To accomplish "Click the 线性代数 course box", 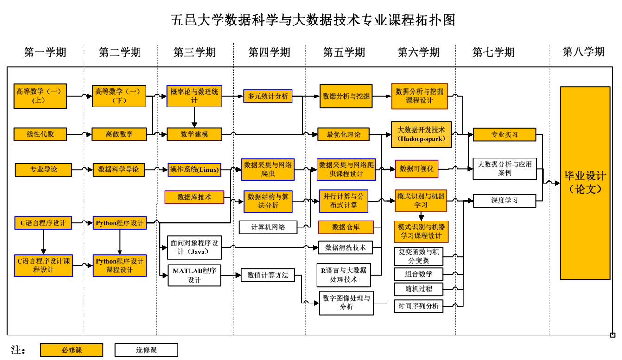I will pyautogui.click(x=40, y=134).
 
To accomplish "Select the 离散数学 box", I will pyautogui.click(x=119, y=134).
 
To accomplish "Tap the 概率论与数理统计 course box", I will pyautogui.click(x=194, y=96).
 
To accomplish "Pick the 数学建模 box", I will pyautogui.click(x=194, y=134).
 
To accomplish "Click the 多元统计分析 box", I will pyautogui.click(x=268, y=96).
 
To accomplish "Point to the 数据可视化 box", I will pyautogui.click(x=417, y=169).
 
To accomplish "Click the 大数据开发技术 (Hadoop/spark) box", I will pyautogui.click(x=421, y=134).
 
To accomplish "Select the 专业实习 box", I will pyautogui.click(x=504, y=135).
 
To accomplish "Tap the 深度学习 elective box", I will pyautogui.click(x=504, y=201).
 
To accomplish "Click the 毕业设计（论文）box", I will pyautogui.click(x=585, y=183).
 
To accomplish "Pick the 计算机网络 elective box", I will pyautogui.click(x=268, y=227).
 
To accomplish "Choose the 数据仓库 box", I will pyautogui.click(x=346, y=227).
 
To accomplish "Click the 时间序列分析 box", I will pyautogui.click(x=419, y=306).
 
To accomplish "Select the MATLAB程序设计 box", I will pyautogui.click(x=194, y=275).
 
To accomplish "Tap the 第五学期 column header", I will pyautogui.click(x=343, y=52).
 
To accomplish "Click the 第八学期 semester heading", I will pyautogui.click(x=584, y=51).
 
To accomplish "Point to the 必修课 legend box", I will pyautogui.click(x=72, y=350).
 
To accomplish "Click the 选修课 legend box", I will pyautogui.click(x=146, y=350).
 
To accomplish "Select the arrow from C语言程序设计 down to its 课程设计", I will pyautogui.click(x=43, y=241).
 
